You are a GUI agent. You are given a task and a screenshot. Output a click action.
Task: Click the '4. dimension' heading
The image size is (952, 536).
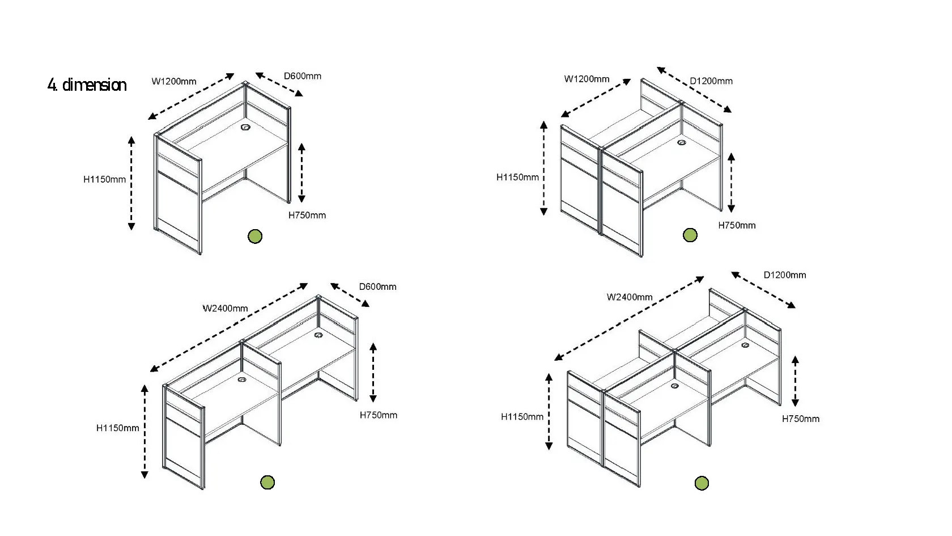[x=87, y=85]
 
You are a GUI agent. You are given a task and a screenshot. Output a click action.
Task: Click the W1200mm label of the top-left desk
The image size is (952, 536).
[x=174, y=81]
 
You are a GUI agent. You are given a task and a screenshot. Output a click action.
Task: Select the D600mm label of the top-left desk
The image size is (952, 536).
[x=302, y=76]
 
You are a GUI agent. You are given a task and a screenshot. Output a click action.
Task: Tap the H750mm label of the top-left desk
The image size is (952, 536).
[x=307, y=215]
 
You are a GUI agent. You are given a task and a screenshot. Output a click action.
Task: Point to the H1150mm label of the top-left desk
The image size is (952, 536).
[x=105, y=179]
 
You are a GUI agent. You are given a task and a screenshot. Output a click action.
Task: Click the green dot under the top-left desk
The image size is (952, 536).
[x=255, y=236]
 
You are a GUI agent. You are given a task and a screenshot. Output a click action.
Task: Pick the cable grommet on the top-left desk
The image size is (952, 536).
[x=246, y=128]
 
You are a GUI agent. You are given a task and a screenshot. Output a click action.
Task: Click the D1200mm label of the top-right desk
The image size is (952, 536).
[x=711, y=81]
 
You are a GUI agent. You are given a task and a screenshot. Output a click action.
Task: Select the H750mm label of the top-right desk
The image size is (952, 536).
[x=737, y=225]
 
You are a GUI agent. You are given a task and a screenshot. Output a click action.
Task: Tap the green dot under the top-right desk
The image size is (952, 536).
[x=690, y=235]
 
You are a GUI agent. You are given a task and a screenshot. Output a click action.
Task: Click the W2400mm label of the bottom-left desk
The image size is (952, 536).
[x=225, y=309]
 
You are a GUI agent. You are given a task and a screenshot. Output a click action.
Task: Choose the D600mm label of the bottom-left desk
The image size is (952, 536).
[x=377, y=286]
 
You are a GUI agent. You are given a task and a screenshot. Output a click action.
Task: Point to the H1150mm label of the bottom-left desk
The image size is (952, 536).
[x=117, y=428]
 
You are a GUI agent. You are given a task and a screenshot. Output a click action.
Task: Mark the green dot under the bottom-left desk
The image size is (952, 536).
[x=267, y=482]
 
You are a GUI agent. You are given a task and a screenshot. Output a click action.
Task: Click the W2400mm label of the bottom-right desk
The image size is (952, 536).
[x=629, y=297]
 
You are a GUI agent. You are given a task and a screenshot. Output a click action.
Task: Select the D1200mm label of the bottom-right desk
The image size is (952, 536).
[x=784, y=275]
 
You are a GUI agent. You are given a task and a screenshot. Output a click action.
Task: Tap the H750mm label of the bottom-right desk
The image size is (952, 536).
[x=800, y=419]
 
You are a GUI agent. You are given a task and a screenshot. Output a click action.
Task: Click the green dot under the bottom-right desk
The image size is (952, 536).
[x=702, y=483]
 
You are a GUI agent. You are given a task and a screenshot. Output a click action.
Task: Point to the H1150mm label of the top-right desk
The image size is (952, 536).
[x=517, y=177]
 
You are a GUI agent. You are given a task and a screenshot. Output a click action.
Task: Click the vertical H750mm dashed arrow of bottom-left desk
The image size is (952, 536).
[x=373, y=372]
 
